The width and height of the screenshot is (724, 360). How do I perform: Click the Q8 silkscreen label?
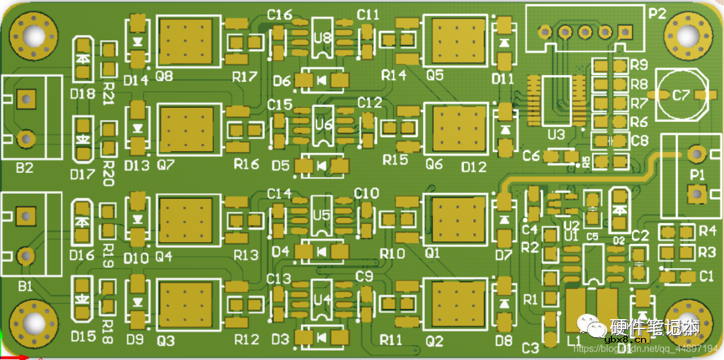click(x=164, y=76)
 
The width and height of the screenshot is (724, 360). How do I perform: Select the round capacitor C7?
click(x=681, y=96)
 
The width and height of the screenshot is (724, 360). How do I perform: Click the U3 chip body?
click(x=556, y=100)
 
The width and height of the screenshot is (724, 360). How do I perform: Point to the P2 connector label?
click(x=657, y=13)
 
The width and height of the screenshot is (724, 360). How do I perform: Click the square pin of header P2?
click(x=625, y=32)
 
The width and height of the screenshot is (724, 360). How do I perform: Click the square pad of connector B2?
click(x=26, y=100)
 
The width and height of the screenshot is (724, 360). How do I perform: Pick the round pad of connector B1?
click(x=26, y=255)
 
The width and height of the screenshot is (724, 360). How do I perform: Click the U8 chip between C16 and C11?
click(x=322, y=38)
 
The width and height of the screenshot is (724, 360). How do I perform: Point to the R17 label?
click(x=245, y=76)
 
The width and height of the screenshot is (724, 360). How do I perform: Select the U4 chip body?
click(x=322, y=299)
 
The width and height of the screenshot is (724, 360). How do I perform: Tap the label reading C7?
click(x=680, y=96)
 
